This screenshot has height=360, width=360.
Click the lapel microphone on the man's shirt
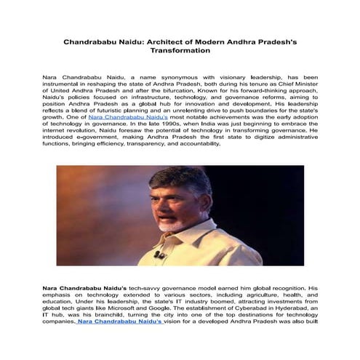pyautogui.click(x=158, y=255)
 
